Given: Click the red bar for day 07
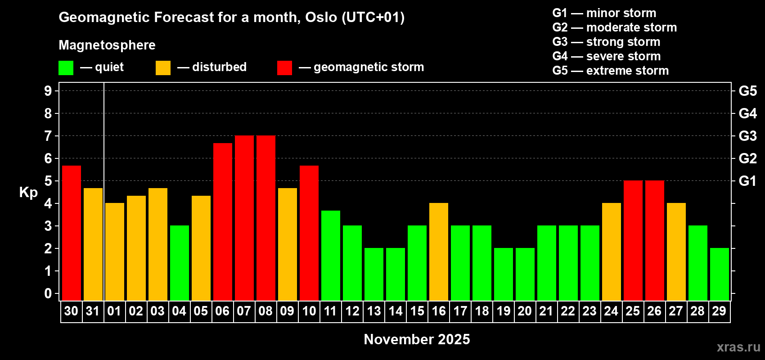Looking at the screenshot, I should [x=244, y=218].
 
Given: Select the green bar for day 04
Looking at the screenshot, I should [x=179, y=263].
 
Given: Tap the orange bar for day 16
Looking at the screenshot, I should [x=438, y=252].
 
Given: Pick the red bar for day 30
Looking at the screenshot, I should [x=71, y=233].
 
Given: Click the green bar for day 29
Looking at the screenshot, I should [x=719, y=274].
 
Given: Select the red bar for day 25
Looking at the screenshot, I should [x=633, y=240].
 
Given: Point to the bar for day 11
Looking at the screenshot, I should [x=330, y=255].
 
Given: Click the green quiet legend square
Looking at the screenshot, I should [x=66, y=68].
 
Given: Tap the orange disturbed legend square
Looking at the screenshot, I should [x=163, y=68].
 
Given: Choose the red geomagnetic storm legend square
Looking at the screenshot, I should [x=284, y=68].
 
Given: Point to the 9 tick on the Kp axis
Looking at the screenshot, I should [x=48, y=91].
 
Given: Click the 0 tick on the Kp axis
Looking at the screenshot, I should [x=48, y=294].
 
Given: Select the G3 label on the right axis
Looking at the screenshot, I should [x=747, y=136].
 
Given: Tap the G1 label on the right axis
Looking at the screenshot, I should [x=747, y=181].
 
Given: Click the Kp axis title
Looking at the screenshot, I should [x=28, y=192].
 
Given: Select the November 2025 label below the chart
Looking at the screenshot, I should [x=417, y=339].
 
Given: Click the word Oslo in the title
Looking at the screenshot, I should [x=321, y=18].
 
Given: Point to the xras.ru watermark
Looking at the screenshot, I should [x=738, y=347].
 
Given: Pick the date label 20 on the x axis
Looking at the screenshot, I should [x=525, y=311].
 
